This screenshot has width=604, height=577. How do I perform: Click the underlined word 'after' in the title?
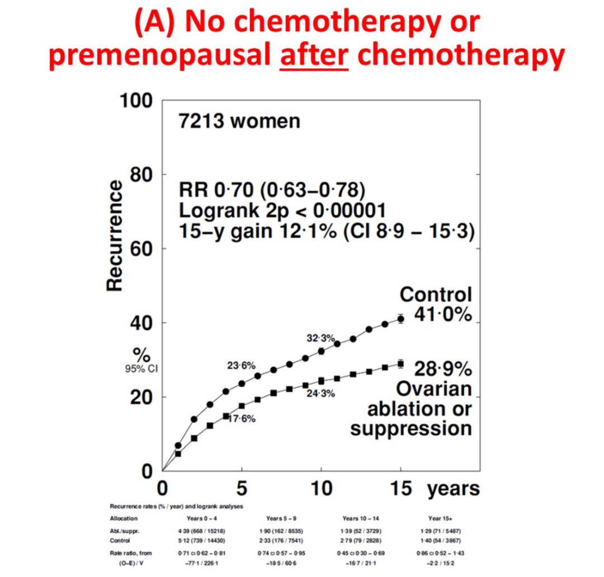[x=314, y=57]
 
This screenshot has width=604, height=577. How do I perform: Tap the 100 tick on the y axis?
[x=136, y=101]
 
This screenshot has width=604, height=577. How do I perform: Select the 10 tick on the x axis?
[x=321, y=489]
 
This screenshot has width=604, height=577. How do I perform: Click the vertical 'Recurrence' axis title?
[x=115, y=235]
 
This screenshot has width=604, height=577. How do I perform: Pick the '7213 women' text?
[x=239, y=121]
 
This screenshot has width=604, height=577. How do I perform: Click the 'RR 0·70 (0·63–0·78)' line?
[x=272, y=190]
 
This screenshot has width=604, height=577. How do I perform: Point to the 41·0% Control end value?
[x=443, y=315]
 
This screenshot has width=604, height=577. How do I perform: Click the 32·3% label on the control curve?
[x=320, y=338]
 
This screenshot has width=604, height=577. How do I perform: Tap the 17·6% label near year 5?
[x=242, y=419]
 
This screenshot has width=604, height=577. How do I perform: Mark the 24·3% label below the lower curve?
[x=321, y=393]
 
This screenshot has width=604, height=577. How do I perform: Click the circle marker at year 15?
[x=400, y=319]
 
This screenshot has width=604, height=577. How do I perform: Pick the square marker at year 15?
[x=400, y=364]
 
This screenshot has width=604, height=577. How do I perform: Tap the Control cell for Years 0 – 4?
[x=202, y=541]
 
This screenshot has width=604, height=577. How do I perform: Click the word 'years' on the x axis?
[x=454, y=489]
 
